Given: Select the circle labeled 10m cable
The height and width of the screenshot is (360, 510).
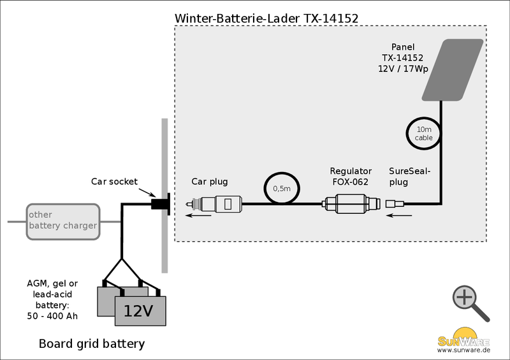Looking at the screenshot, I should [x=423, y=133].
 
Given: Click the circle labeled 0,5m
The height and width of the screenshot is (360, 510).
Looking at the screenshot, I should [x=281, y=189].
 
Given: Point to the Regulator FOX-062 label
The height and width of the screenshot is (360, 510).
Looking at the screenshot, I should [x=351, y=176].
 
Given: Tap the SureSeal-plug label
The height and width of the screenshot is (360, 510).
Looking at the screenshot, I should [x=410, y=176].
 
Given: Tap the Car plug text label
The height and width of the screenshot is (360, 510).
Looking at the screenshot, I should [x=210, y=182].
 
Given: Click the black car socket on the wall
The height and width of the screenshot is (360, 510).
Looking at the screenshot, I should [x=160, y=204].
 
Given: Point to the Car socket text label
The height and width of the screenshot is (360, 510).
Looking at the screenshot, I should [x=114, y=182].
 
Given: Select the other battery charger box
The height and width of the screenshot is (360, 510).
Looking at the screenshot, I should [x=62, y=222].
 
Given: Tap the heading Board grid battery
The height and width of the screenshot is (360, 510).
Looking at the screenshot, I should [x=92, y=344].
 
